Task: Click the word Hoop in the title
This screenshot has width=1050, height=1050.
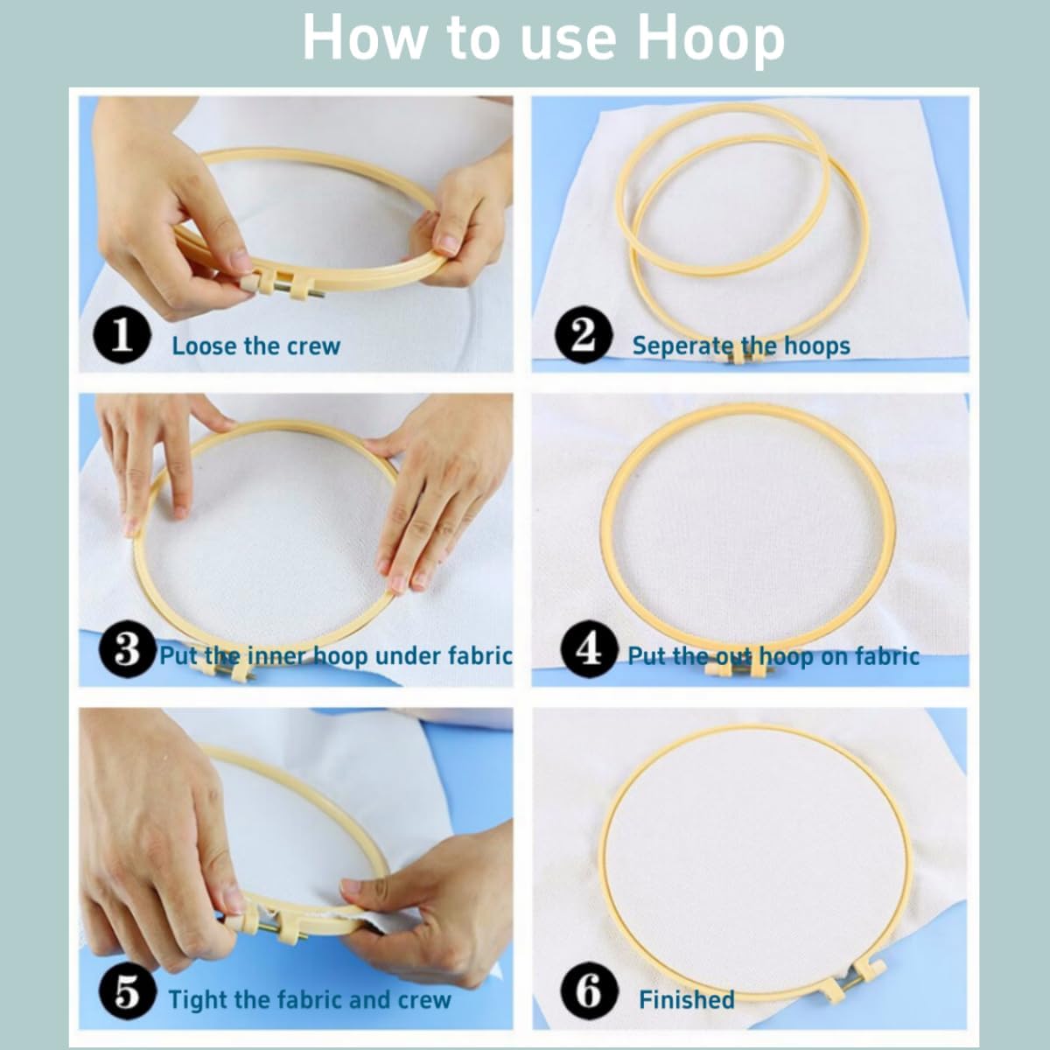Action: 710,39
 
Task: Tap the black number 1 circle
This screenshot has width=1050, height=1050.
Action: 122,334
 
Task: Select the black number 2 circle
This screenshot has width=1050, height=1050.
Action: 584,334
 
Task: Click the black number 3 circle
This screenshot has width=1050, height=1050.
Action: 127,649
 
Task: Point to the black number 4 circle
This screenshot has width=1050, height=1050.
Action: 589,649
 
